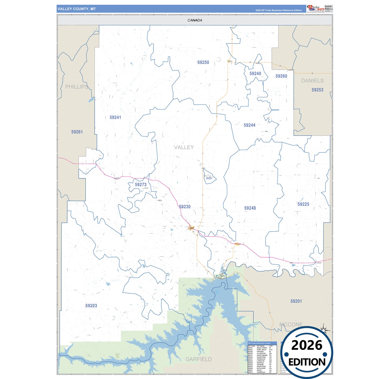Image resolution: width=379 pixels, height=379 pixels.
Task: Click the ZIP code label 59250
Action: (x=203, y=62)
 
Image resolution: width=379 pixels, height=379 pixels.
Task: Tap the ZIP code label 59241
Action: (x=115, y=118)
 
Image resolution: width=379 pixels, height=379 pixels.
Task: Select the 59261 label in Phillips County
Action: (x=77, y=132)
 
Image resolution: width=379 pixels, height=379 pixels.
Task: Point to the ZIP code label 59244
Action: (x=249, y=125)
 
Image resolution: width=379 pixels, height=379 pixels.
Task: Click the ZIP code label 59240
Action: (x=255, y=74)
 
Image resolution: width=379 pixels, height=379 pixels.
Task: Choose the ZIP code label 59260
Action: (x=281, y=76)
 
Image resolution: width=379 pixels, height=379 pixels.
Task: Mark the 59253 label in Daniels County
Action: (x=317, y=90)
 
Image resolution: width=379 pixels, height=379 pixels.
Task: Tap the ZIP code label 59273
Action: (x=141, y=185)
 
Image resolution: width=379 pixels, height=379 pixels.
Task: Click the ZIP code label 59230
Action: (x=185, y=207)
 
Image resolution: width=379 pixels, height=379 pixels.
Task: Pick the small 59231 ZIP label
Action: (x=209, y=178)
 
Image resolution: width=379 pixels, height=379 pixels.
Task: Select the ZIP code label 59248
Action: (x=250, y=208)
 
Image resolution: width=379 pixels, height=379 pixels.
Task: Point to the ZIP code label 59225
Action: (x=303, y=204)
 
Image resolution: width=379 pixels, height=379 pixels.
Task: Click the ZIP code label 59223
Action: (x=91, y=306)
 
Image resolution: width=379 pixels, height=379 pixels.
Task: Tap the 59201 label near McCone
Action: (x=296, y=301)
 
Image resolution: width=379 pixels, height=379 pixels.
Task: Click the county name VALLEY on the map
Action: (x=184, y=147)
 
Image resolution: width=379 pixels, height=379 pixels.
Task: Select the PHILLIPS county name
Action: (x=77, y=87)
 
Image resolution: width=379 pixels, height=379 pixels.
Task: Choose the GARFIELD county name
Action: (x=199, y=359)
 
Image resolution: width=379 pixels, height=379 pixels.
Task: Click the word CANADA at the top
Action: (x=195, y=20)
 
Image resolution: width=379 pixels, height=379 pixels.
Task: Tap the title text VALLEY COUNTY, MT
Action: (x=77, y=9)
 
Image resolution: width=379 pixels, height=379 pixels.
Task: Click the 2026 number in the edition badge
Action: (x=307, y=345)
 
